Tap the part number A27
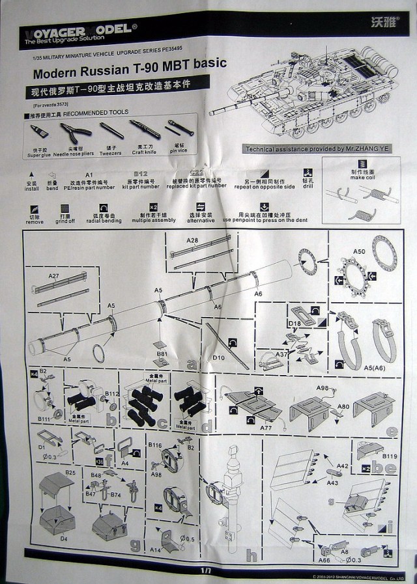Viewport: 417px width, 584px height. point(53,276)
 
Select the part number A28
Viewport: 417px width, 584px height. point(192,241)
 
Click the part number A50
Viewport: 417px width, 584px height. point(358,251)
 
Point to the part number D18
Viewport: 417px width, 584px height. point(293,323)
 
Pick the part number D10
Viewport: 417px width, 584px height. point(218,357)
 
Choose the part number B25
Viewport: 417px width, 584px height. point(71,472)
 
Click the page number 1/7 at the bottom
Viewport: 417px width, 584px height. point(207,570)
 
